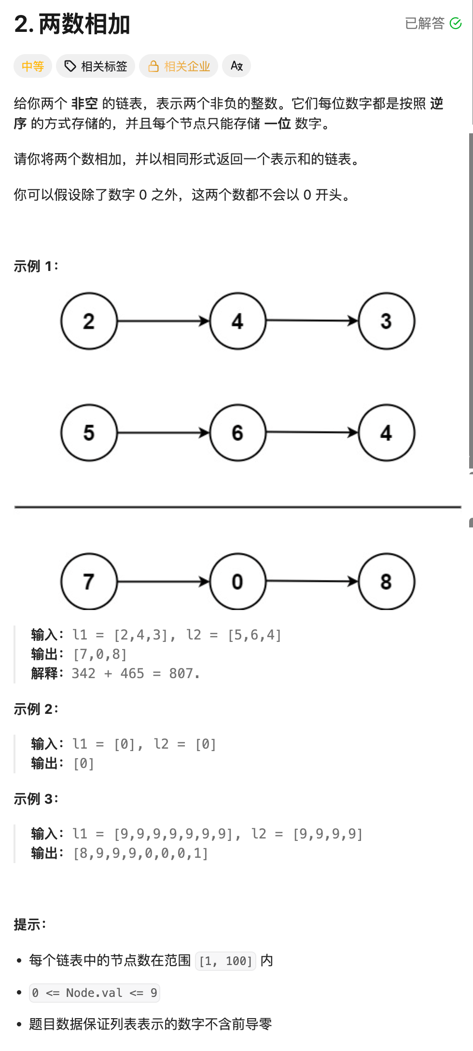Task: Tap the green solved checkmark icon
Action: click(456, 23)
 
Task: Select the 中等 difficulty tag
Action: click(33, 66)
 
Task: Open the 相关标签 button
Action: click(96, 66)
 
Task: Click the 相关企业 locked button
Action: click(179, 66)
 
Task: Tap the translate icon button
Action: click(236, 66)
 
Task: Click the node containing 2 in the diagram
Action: click(89, 321)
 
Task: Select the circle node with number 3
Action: click(386, 321)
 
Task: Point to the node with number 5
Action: click(89, 432)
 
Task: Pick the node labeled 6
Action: click(237, 432)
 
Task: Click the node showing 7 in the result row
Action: click(89, 582)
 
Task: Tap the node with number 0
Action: click(237, 582)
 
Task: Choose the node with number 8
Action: click(386, 582)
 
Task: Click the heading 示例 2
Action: click(36, 709)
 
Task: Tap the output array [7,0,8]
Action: click(100, 654)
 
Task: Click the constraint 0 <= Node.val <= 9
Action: click(94, 993)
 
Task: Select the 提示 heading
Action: click(29, 924)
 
